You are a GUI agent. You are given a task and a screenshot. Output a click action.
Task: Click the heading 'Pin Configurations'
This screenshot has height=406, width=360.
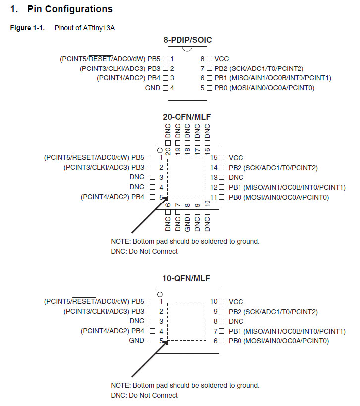click(69, 9)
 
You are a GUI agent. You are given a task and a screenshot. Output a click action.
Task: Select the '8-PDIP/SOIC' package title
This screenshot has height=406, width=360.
click(186, 39)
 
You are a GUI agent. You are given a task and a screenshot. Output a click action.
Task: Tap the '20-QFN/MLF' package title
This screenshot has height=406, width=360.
click(186, 117)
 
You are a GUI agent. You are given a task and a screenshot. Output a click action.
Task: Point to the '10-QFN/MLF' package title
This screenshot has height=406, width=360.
click(186, 278)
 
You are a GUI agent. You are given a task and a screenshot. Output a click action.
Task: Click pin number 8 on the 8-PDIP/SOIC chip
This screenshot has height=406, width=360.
click(202, 59)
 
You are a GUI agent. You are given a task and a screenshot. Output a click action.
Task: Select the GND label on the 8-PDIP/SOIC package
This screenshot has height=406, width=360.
click(153, 88)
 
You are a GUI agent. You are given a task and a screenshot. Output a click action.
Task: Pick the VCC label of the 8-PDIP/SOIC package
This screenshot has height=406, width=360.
click(222, 59)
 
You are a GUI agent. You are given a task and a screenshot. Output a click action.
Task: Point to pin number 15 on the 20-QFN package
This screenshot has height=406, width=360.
click(214, 158)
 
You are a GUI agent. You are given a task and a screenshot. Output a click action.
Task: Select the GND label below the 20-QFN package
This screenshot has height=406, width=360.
click(187, 224)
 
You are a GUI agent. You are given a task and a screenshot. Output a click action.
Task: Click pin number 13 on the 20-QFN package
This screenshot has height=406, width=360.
click(214, 177)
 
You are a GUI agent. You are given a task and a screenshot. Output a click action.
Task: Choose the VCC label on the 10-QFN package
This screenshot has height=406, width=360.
click(236, 302)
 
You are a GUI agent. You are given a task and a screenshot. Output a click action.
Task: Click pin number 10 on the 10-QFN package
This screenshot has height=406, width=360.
click(214, 302)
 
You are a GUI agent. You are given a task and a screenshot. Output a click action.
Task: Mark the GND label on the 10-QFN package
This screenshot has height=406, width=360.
click(136, 341)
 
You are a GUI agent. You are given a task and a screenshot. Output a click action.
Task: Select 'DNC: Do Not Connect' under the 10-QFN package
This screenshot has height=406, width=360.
click(144, 395)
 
